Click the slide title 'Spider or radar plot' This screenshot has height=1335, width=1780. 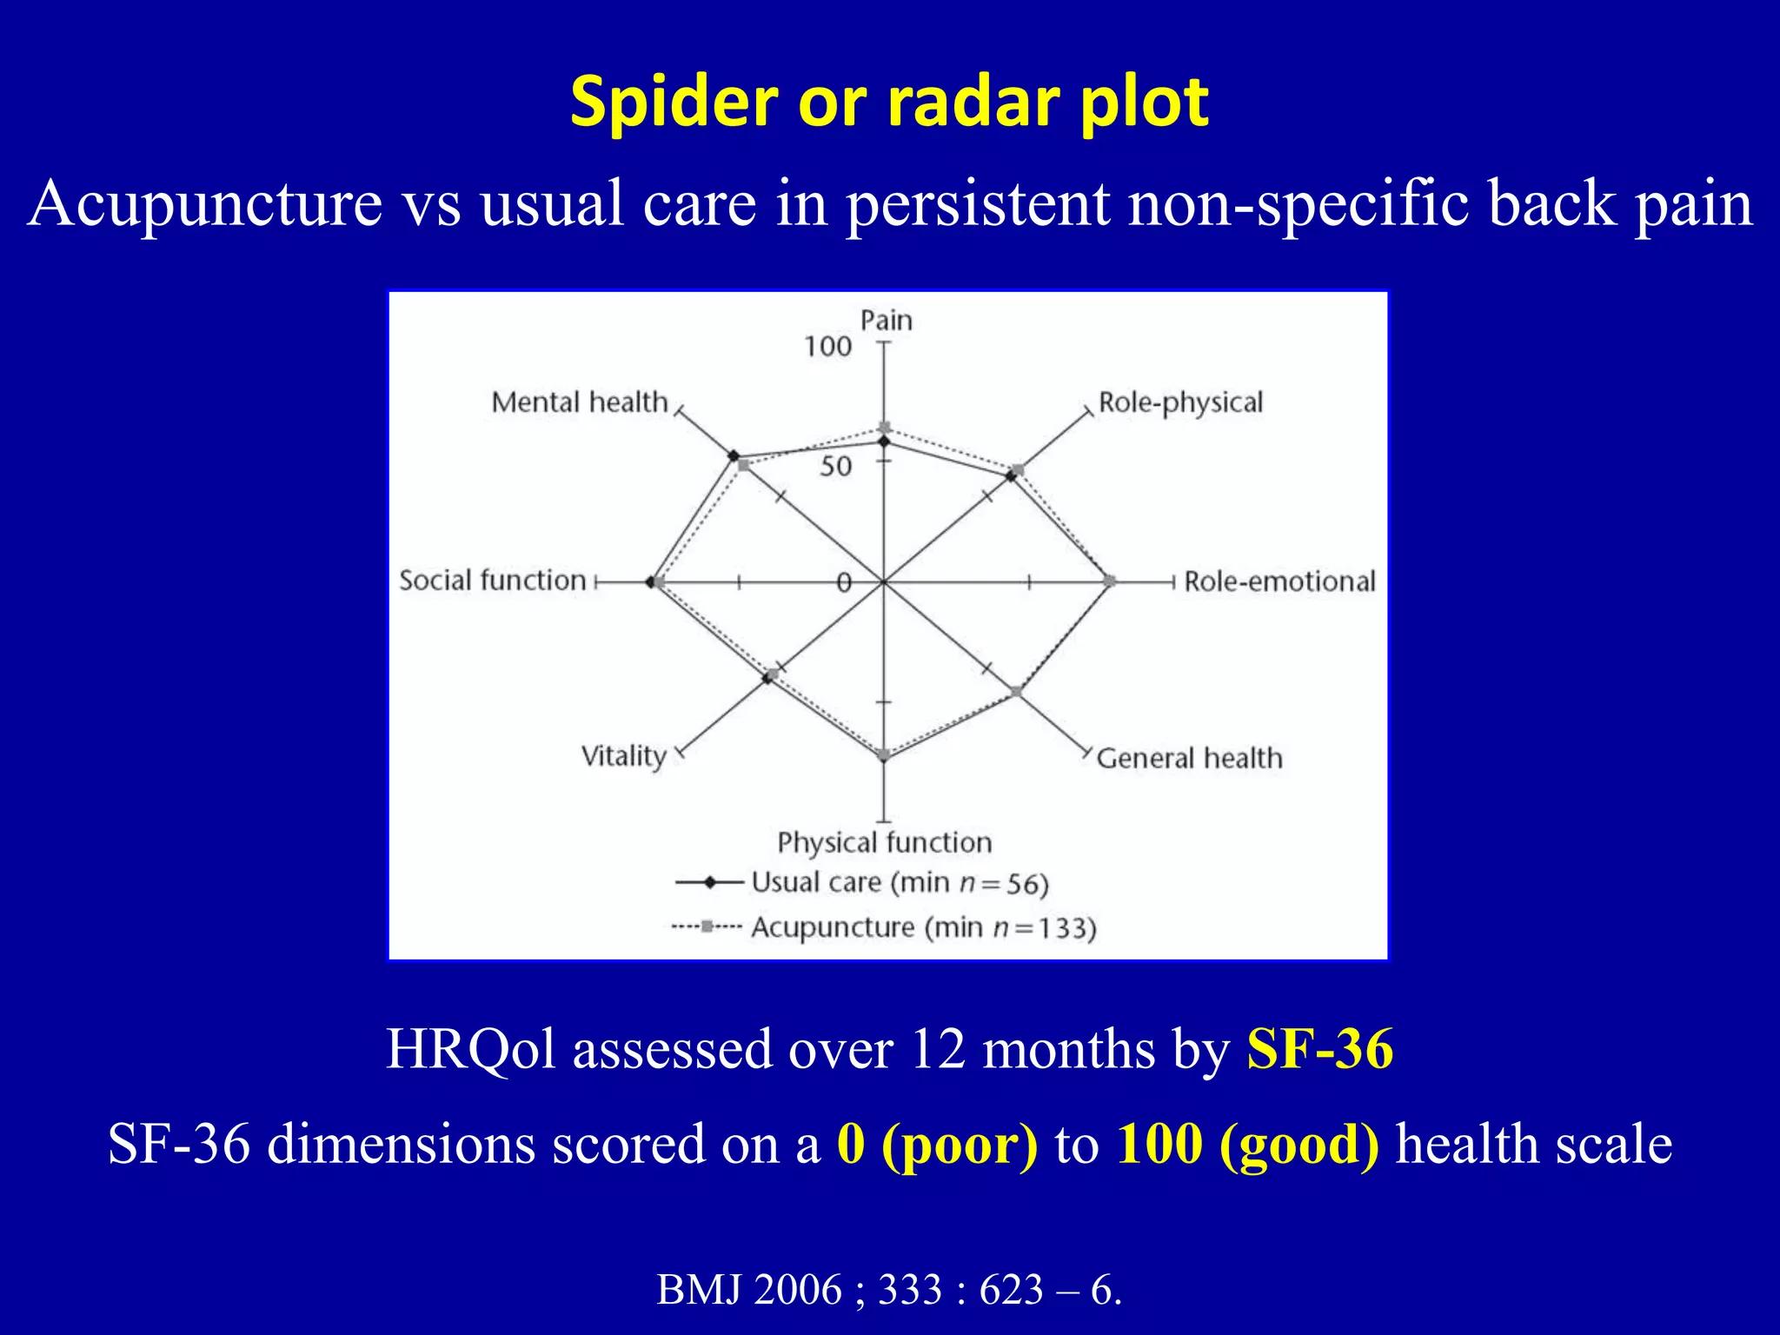[889, 102]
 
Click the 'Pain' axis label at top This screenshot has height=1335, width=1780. [886, 321]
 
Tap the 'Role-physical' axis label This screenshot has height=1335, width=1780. [1179, 402]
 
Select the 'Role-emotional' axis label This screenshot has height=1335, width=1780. [1279, 581]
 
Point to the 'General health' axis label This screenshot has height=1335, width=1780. [1188, 758]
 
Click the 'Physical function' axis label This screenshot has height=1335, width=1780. [884, 842]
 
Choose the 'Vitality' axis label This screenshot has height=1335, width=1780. [623, 755]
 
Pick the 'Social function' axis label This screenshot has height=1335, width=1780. [493, 581]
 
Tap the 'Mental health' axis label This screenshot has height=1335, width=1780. [579, 402]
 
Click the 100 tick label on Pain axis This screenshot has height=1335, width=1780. [827, 347]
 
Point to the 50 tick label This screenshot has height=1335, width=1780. [835, 467]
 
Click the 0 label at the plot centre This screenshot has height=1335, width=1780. [843, 583]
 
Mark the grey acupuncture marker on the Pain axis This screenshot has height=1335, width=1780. [885, 428]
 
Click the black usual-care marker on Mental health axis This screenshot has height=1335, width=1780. [734, 456]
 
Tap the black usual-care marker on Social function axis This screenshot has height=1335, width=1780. [651, 582]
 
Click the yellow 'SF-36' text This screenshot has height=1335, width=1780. [1319, 1048]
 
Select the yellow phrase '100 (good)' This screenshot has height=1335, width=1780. [1247, 1144]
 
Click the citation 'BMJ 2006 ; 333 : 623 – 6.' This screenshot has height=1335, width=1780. [889, 1289]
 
